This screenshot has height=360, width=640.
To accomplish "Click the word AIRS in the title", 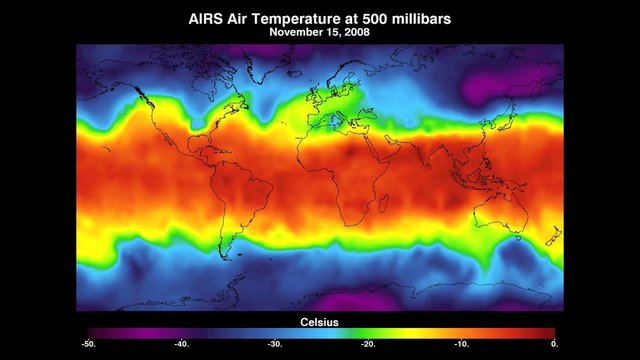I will click(x=206, y=18).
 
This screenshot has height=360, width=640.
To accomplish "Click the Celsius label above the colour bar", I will click(x=321, y=321).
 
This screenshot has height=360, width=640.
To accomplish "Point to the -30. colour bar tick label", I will click(x=273, y=344).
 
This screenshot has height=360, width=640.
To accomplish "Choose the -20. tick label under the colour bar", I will click(x=367, y=344).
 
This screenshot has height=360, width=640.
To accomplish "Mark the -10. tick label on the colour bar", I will click(x=460, y=344).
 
